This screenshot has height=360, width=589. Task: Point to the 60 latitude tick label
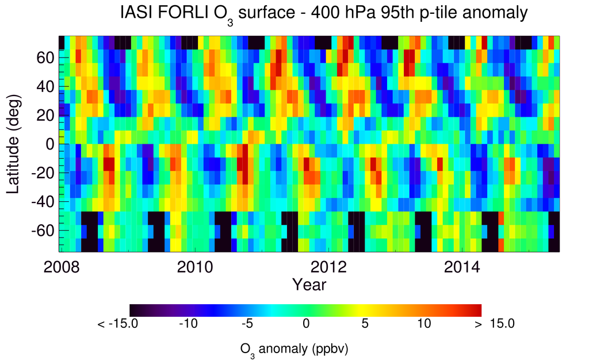47,58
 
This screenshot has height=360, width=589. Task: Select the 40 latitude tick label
47,86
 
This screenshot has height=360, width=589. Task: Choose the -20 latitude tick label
44,173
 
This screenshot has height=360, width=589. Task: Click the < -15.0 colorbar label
118,324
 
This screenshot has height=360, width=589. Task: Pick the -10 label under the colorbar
188,324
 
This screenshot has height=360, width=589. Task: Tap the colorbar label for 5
364,324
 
